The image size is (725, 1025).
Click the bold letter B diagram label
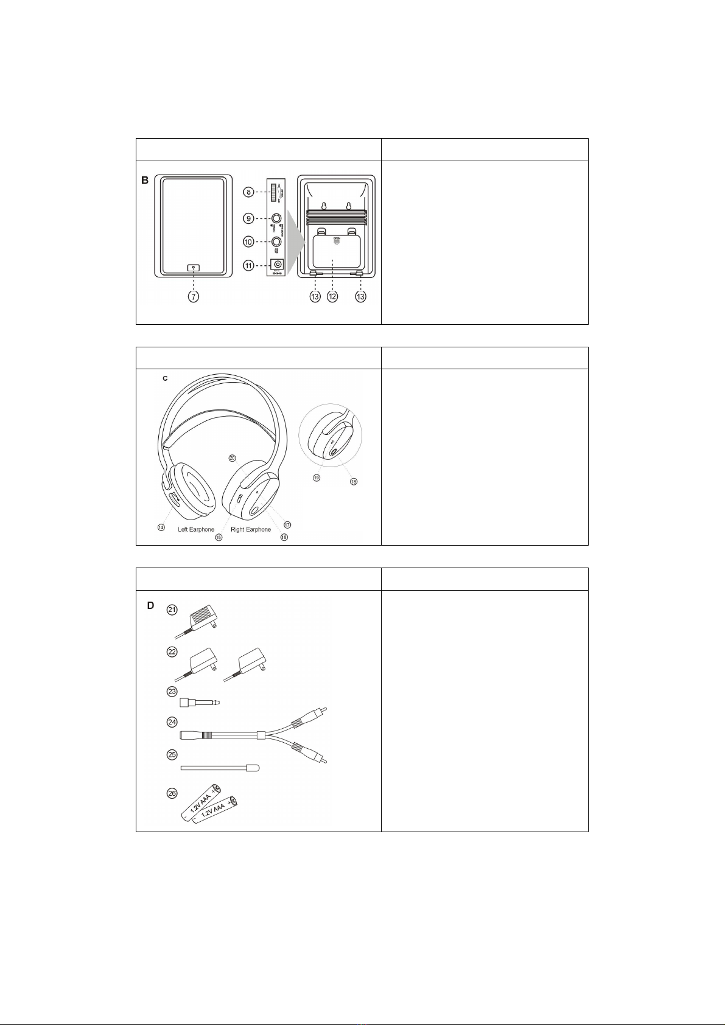coord(145,181)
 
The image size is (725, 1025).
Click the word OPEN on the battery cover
coord(336,239)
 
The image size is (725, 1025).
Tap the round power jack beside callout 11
coord(278,265)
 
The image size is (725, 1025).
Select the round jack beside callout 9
coord(277,218)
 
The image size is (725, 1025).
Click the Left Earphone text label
coord(196,529)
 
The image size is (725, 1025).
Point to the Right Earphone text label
coord(251,529)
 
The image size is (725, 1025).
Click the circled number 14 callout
coord(161,527)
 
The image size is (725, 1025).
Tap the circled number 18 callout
coord(354,481)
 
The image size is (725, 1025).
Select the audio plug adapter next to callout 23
coord(200,702)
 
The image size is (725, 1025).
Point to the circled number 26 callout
coord(172,793)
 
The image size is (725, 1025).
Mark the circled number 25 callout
coord(172,754)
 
